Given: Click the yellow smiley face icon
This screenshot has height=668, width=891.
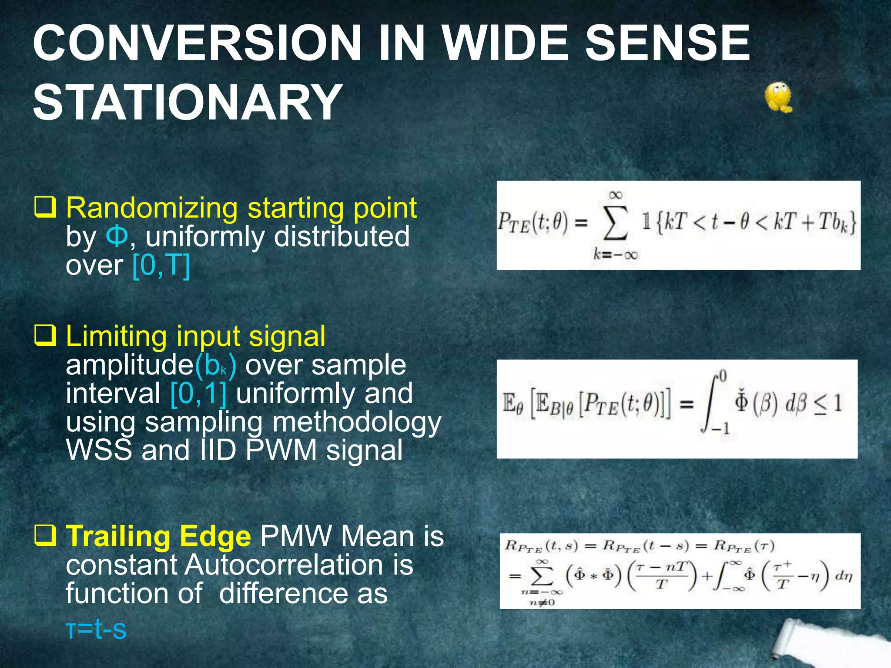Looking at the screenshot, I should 778,97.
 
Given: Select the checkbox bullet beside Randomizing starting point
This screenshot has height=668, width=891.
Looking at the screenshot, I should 45,207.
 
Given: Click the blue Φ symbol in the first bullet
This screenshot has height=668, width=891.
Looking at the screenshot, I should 117,237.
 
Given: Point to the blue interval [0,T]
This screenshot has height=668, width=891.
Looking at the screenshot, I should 161,265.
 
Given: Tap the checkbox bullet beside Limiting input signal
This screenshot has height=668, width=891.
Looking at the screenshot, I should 45,335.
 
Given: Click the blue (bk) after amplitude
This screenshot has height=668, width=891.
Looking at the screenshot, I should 216,365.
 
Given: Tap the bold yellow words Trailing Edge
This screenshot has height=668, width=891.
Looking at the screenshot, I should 158,536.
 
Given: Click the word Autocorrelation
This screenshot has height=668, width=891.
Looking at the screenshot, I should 283,565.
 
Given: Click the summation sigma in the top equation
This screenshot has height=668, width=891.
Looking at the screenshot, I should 615,223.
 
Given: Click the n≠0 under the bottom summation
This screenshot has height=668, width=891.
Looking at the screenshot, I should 542,602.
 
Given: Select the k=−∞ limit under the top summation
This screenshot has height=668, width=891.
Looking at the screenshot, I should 615,254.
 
